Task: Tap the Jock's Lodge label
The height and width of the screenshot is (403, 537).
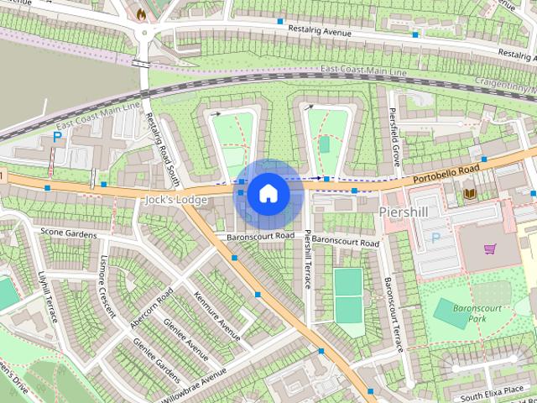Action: coord(175,200)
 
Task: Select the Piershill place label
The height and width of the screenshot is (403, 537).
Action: coord(403,212)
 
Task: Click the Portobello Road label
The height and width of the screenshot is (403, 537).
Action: coord(446,172)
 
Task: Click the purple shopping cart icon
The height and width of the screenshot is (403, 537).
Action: coord(489,249)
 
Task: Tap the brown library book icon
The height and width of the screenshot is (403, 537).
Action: coord(470,195)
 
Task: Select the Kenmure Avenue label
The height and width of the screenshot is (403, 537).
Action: coord(210,314)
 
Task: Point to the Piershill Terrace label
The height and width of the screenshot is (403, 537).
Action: coord(309,259)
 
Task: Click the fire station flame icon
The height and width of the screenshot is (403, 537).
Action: coord(140,14)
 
